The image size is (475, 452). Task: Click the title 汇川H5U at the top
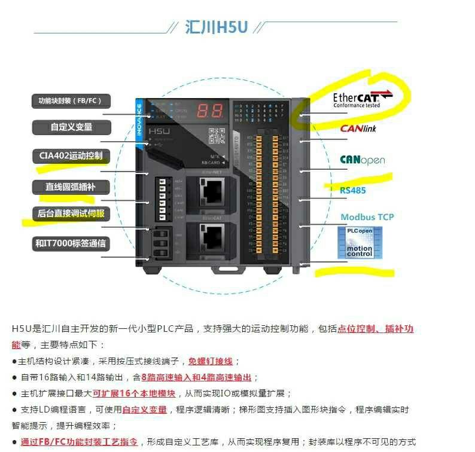(x=216, y=28)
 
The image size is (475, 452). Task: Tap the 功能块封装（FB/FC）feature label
(x=71, y=101)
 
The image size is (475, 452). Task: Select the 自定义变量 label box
(x=71, y=127)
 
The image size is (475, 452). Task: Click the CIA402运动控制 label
(x=71, y=156)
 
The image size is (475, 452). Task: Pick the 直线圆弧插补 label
(x=71, y=187)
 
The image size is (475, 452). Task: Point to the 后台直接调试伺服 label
(x=71, y=213)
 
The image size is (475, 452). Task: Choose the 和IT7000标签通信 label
(x=71, y=243)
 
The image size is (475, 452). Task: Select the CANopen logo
(x=363, y=160)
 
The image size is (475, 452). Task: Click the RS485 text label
(x=353, y=190)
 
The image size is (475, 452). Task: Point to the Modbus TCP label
(x=367, y=217)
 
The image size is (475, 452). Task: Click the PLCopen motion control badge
(x=359, y=243)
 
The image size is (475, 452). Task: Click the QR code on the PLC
(x=216, y=136)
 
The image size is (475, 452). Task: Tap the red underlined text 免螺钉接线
(x=211, y=361)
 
